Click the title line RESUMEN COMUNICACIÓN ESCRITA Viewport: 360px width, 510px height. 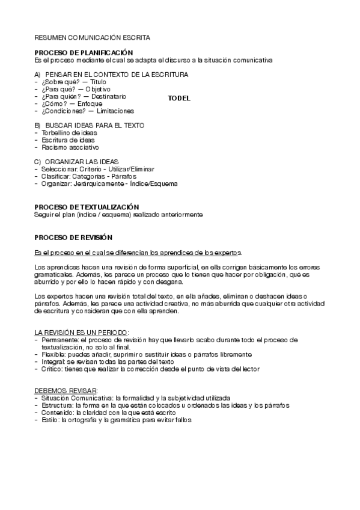pyautogui.click(x=92, y=37)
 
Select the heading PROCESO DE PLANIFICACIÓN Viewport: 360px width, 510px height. pyautogui.click(x=84, y=54)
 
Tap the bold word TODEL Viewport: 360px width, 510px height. pyautogui.click(x=178, y=99)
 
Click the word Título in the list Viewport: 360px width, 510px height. pyautogui.click(x=99, y=82)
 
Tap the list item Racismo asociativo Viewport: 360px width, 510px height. pyautogui.click(x=70, y=147)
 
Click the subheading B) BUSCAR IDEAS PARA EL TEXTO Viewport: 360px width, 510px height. pyautogui.click(x=89, y=125)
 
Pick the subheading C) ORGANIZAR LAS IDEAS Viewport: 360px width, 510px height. pyautogui.click(x=76, y=162)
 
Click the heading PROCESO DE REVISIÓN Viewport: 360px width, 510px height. pyautogui.click(x=73, y=238)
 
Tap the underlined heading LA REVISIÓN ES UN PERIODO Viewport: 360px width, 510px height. pyautogui.click(x=81, y=332)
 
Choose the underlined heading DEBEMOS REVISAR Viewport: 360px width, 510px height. pyautogui.click(x=66, y=390)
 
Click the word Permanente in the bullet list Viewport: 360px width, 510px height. pyautogui.click(x=59, y=340)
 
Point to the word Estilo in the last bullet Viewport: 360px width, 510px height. pyautogui.click(x=49, y=420)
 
